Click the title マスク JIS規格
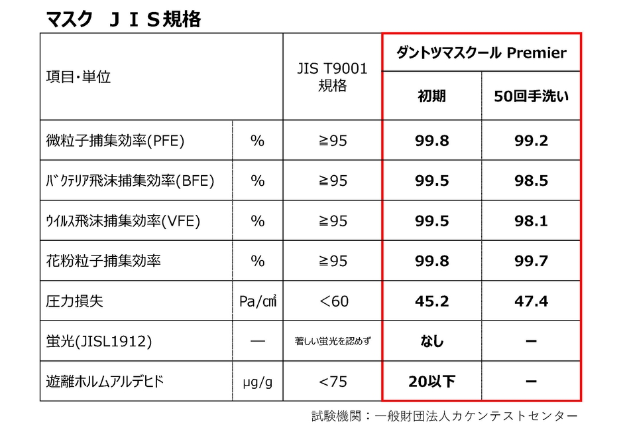(x=123, y=19)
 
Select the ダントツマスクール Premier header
(x=481, y=53)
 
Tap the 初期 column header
(x=431, y=96)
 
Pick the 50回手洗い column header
(x=531, y=96)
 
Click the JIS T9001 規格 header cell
(x=332, y=77)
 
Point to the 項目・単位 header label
(x=78, y=77)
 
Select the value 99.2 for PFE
(x=531, y=141)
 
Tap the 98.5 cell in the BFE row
(x=531, y=180)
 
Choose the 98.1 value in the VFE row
(x=531, y=221)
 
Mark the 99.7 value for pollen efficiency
(x=531, y=261)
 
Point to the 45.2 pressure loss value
(x=431, y=301)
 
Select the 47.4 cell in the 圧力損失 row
(x=531, y=301)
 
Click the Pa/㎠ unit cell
(x=257, y=301)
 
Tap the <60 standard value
(x=332, y=301)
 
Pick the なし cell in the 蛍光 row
(x=431, y=342)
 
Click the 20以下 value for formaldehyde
(x=431, y=382)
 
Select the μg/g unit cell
(x=257, y=382)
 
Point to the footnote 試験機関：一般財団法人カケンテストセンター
(x=445, y=417)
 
